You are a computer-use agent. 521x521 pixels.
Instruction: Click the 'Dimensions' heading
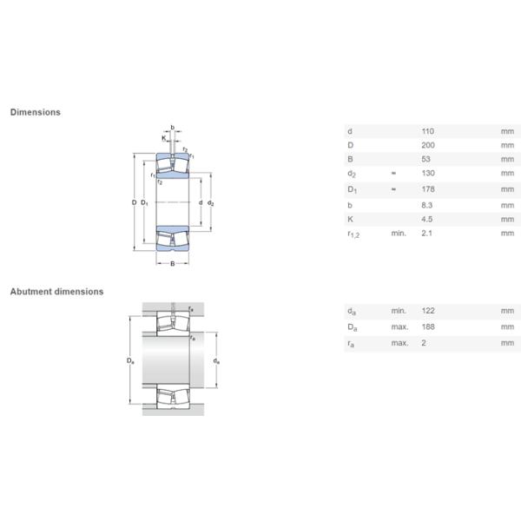pos(35,112)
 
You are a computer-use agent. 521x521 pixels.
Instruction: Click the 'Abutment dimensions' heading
pos(56,292)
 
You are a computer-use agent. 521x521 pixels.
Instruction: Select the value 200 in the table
pos(427,144)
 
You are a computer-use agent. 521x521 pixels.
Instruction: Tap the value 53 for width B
pos(425,159)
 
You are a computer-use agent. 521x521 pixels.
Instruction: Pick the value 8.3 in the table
pos(426,205)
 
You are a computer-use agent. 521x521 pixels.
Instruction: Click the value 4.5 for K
pos(426,220)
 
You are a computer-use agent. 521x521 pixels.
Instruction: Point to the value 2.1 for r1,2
pos(426,234)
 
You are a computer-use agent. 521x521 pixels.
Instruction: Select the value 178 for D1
pos(427,189)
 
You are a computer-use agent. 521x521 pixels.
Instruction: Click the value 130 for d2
pos(427,174)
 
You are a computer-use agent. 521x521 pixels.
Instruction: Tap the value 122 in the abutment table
pos(427,311)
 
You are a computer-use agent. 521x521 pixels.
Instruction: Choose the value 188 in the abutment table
pos(427,326)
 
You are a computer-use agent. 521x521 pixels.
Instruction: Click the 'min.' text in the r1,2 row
pos(399,234)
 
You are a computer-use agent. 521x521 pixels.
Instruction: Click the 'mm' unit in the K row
pos(507,220)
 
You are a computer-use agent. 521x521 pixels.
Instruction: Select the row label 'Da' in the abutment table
pos(351,326)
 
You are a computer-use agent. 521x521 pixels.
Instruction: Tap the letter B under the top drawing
pos(172,264)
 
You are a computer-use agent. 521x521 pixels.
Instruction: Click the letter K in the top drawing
pos(163,138)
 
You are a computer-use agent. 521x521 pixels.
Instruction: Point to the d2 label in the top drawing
pos(211,203)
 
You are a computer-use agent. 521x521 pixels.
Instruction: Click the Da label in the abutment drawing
pos(131,360)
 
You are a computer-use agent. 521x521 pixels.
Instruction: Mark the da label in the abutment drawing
pos(216,360)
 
